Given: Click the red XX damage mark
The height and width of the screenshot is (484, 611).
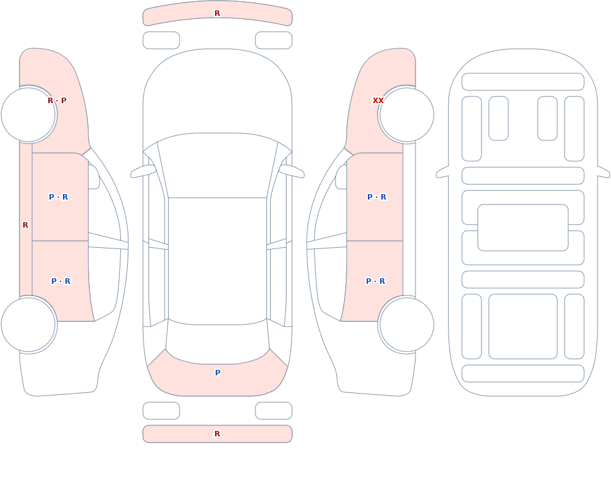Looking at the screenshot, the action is tap(378, 101).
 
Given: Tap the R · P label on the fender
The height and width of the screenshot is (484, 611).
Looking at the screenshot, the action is tap(57, 101).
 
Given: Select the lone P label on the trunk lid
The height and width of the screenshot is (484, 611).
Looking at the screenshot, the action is tap(218, 373).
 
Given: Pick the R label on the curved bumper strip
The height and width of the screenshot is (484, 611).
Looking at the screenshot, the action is tap(218, 13).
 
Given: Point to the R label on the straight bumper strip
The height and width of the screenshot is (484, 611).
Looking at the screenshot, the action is tap(218, 434).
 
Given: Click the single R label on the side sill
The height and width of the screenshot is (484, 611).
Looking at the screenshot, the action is tap(25, 225).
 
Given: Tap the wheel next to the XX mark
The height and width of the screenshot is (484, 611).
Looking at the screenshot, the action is tap(406, 115).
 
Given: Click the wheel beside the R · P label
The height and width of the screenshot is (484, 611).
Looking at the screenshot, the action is tap(29, 115).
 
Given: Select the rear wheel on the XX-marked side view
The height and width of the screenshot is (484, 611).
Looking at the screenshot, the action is tap(406, 324).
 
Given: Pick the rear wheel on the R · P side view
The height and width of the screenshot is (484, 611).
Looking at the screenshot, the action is tap(29, 324).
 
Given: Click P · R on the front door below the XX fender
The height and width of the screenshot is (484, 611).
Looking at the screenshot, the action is tap(377, 197).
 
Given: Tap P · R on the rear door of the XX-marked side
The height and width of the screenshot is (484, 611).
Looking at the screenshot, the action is tap(376, 281).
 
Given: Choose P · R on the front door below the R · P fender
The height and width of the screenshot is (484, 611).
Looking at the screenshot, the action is tap(59, 197).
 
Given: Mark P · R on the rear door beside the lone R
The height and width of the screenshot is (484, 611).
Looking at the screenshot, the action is tap(60, 281).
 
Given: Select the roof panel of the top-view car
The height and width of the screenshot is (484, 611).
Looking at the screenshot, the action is tap(218, 260).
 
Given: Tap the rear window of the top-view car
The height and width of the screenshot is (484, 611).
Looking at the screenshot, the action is tap(218, 342).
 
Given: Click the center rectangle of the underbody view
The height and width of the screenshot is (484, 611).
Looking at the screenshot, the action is tap(523, 228).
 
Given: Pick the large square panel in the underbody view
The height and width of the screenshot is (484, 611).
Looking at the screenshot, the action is tap(523, 327).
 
